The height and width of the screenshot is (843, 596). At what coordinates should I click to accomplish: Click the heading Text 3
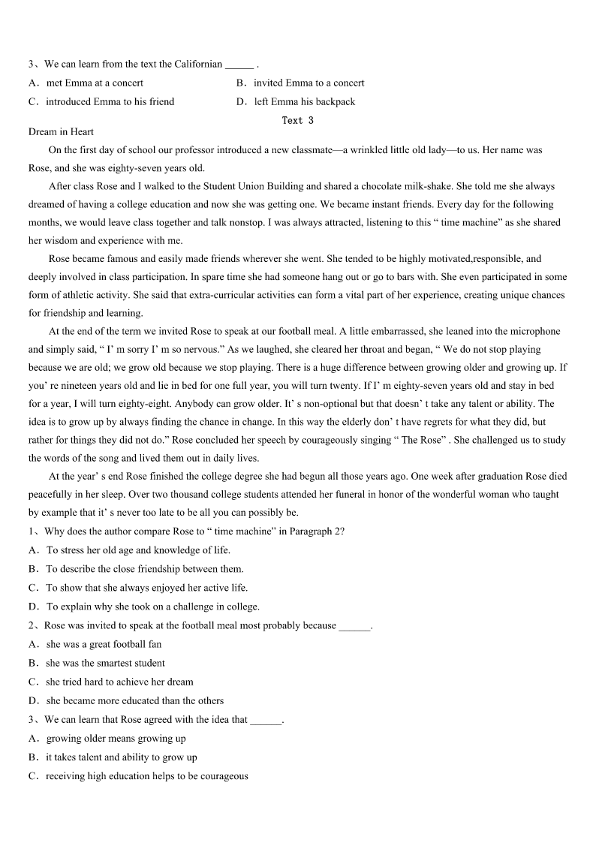point(297,120)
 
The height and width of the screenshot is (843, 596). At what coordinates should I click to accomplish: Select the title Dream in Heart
point(61,132)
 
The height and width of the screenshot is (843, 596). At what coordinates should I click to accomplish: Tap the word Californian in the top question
point(198,65)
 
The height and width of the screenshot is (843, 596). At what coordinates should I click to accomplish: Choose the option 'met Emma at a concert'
point(95,83)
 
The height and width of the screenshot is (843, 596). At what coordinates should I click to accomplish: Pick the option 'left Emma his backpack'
point(304,102)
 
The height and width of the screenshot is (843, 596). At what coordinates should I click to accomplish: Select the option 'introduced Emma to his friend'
point(110,102)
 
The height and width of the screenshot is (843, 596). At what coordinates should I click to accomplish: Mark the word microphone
point(534,332)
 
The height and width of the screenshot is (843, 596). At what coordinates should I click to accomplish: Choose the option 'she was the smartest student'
point(105,664)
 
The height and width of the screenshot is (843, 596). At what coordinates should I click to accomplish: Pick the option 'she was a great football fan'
point(104,644)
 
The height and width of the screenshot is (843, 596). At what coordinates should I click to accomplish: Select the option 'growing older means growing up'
point(116,739)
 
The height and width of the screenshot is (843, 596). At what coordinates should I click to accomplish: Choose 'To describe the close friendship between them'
point(145,569)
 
